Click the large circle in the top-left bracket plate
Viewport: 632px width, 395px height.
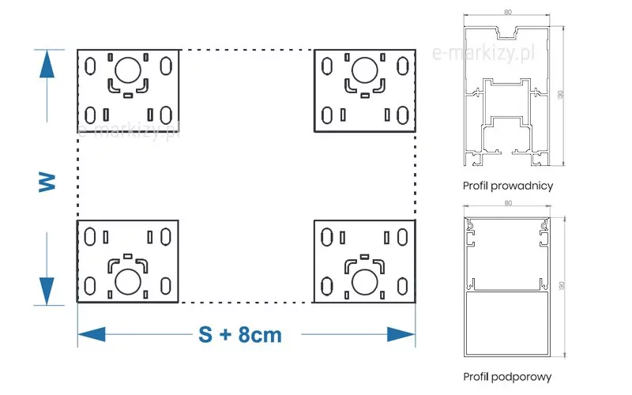[x=126, y=72]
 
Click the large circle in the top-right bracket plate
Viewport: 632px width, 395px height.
[x=364, y=71]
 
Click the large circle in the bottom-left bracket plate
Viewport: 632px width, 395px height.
[x=126, y=280]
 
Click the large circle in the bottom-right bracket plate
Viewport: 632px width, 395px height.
[x=364, y=280]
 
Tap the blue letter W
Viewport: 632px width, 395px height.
[x=47, y=182]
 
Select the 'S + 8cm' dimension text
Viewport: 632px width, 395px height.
[x=239, y=334]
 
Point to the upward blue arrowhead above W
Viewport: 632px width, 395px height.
[x=47, y=63]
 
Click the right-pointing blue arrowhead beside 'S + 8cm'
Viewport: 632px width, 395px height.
[x=401, y=334]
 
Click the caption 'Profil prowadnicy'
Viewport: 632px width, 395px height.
[x=508, y=186]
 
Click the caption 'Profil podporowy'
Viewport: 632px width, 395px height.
[x=507, y=377]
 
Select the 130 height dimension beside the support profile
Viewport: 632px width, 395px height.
[x=560, y=284]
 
